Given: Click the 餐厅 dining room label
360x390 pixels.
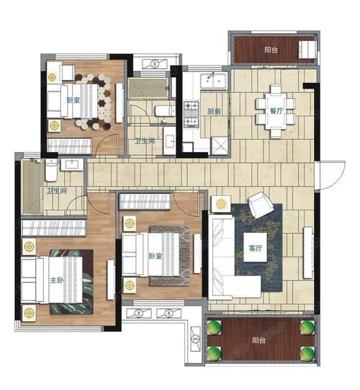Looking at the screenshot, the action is pos(276,111).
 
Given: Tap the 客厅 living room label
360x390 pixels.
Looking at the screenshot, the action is pos(255,248).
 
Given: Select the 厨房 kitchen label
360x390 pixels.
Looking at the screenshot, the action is pos(214,112).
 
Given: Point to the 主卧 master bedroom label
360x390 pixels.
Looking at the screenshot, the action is pos(57,280).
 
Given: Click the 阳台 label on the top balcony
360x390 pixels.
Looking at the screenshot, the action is pos(271,50).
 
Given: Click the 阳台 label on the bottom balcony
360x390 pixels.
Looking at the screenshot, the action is pos(258,340).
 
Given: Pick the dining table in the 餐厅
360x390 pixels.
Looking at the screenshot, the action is pos(276,111).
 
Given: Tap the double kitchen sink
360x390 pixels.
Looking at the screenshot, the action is pos(214,80).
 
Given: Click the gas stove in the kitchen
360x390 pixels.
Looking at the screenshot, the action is pos(192,115).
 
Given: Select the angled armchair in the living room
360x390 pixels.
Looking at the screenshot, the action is pos(261,205).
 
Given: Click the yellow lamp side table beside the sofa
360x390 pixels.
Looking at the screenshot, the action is pos(221,204).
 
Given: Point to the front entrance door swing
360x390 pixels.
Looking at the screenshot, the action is pos(331,175).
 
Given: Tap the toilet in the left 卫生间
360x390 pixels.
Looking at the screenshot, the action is pos(51,170).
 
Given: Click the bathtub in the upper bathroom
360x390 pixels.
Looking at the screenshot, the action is pos(148,88).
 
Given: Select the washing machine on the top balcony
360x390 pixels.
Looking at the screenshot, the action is pos(307,50).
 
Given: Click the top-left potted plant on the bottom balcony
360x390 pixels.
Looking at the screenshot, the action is pos(214,327).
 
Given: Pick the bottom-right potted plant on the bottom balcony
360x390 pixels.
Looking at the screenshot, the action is pos(307,353).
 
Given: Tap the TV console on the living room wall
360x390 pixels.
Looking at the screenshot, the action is pos(308,252).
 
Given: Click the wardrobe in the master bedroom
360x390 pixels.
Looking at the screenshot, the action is pos(54,227).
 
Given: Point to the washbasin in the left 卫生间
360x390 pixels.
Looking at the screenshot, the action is pos(72,164).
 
